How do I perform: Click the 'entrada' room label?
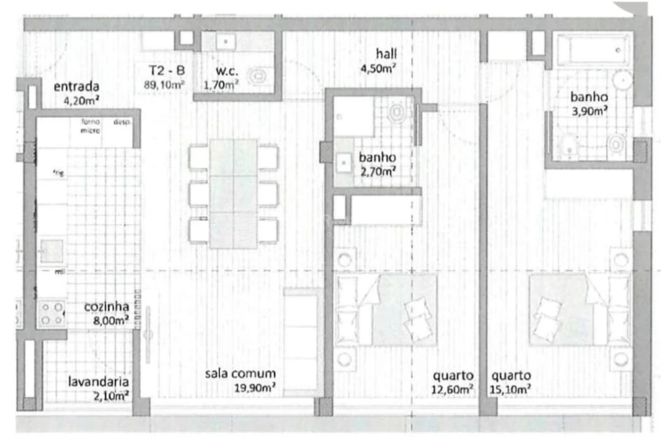(76, 86)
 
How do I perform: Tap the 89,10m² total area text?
(164, 84)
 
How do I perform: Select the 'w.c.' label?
(225, 71)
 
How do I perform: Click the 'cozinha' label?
(106, 307)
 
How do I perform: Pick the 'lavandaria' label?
(98, 382)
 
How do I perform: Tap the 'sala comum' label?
(240, 374)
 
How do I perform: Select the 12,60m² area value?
(453, 389)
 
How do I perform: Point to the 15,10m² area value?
(512, 389)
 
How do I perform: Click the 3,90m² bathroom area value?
(589, 110)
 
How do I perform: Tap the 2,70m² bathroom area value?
(377, 171)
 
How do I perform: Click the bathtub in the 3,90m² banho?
(592, 50)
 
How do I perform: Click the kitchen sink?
(52, 250)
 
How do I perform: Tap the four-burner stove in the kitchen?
(52, 313)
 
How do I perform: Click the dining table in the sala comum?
(233, 193)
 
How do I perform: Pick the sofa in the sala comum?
(301, 343)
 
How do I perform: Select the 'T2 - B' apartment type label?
(163, 70)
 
